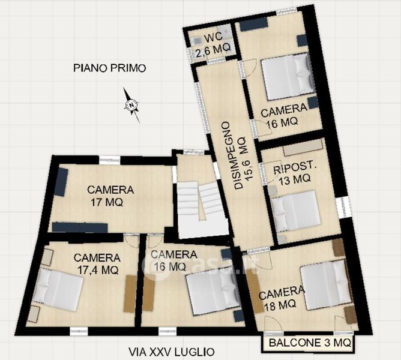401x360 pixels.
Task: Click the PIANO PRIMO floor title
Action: pyautogui.click(x=109, y=68)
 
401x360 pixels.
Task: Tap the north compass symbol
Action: pyautogui.click(x=131, y=105)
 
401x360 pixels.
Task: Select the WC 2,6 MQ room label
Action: pyautogui.click(x=213, y=43)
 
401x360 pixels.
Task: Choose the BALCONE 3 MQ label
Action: pyautogui.click(x=310, y=343)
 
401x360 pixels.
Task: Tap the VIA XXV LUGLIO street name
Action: pyautogui.click(x=171, y=352)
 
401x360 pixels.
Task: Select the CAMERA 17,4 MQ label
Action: pyautogui.click(x=97, y=263)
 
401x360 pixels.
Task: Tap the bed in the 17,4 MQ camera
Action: pyautogui.click(x=58, y=289)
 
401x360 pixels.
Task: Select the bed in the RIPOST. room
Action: pyautogui.click(x=295, y=211)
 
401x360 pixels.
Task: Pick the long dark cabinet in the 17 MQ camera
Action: pyautogui.click(x=80, y=227)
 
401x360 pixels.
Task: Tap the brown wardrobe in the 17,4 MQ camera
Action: pyautogui.click(x=130, y=293)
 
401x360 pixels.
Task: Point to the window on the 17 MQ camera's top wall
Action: pyautogui.click(x=109, y=160)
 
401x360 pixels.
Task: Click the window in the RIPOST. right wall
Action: pyautogui.click(x=342, y=208)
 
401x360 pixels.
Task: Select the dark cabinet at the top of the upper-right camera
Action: pyautogui.click(x=254, y=25)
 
